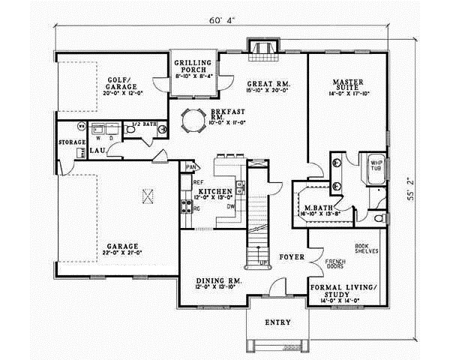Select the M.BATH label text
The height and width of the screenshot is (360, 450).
[308, 208]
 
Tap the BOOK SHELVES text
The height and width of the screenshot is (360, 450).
[366, 248]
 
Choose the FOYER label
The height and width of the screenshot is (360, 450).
[292, 256]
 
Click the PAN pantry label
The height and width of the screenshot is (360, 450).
[190, 166]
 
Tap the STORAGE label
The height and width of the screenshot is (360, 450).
[71, 141]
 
